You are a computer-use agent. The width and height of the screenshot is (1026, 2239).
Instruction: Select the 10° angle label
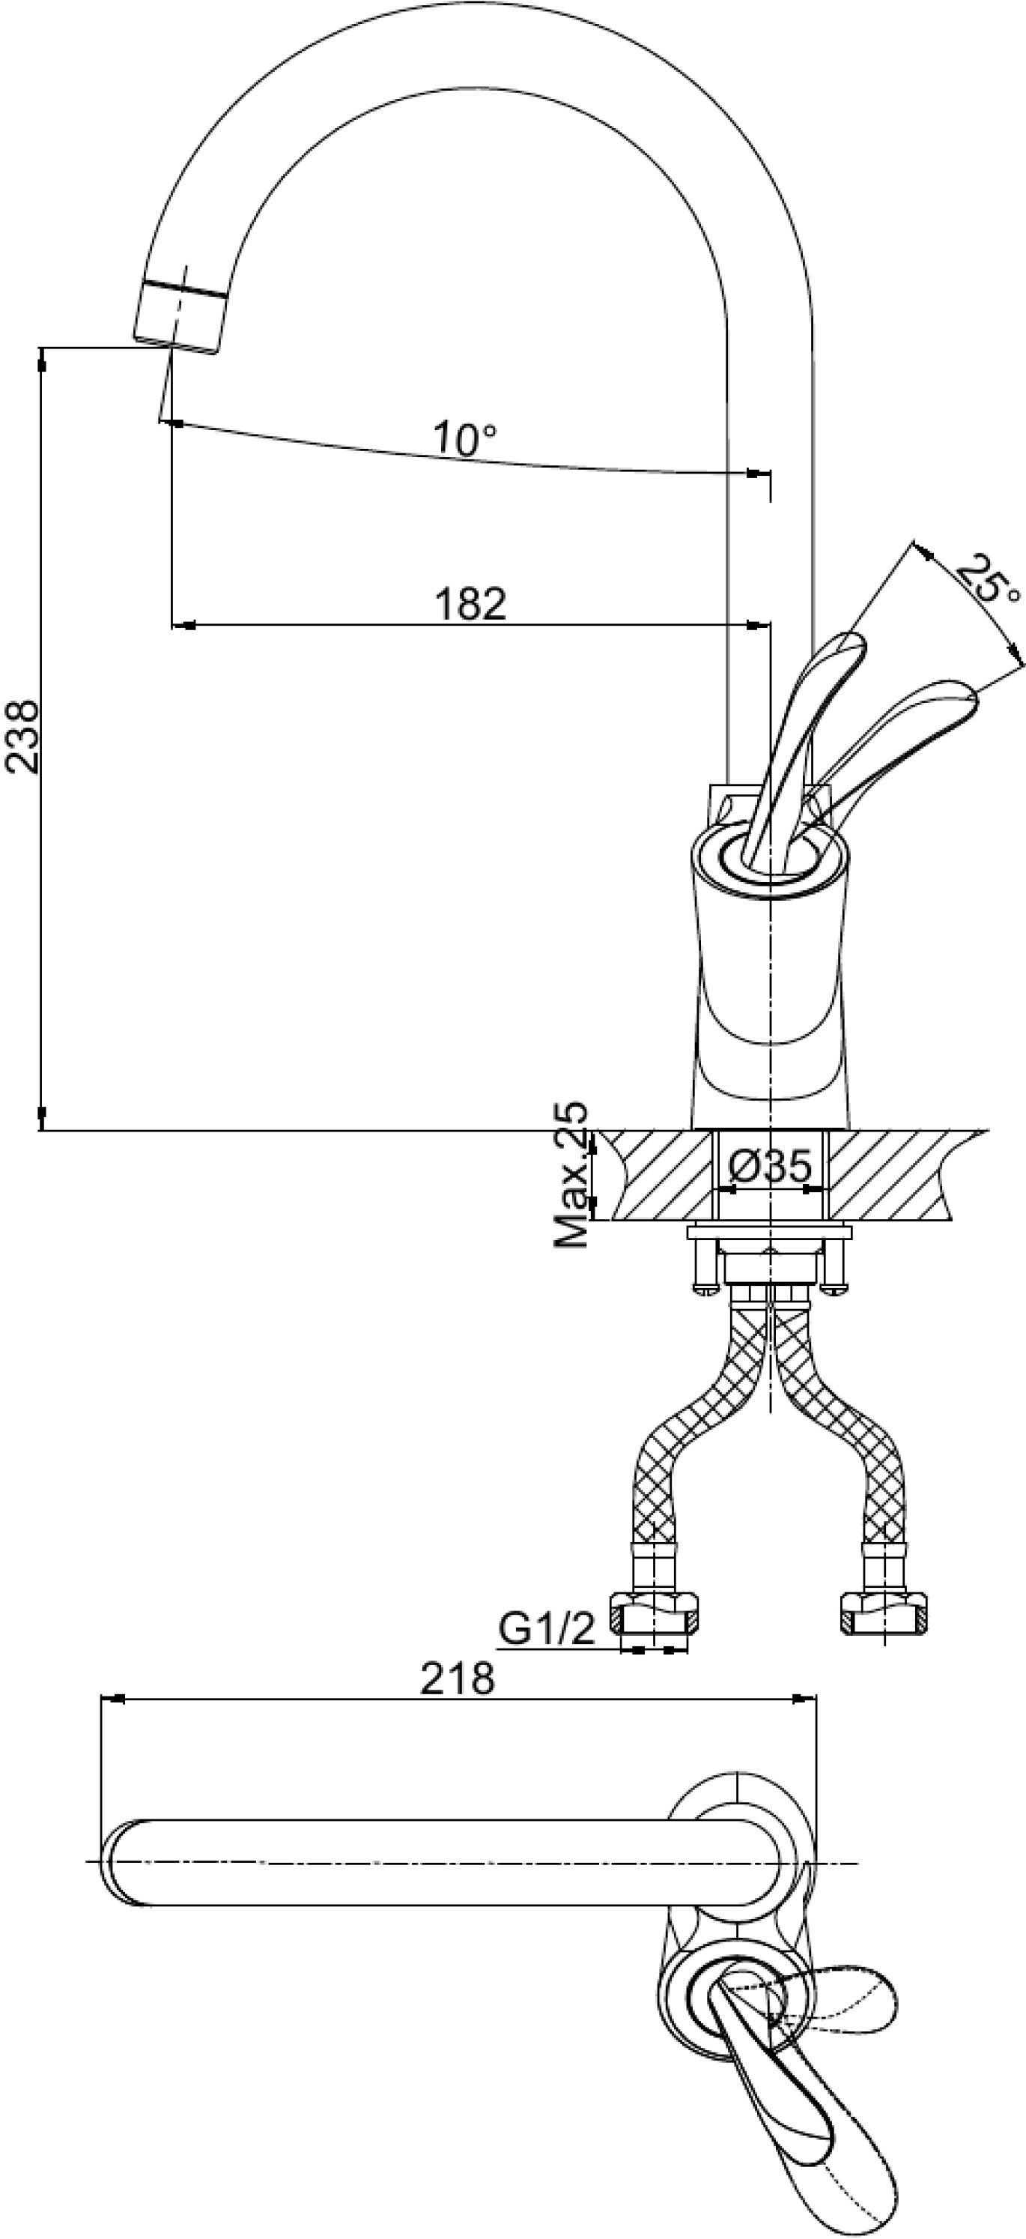(x=466, y=440)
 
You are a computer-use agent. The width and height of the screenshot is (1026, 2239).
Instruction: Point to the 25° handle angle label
(x=988, y=579)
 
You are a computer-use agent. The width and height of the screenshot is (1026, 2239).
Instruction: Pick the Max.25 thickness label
(x=571, y=1175)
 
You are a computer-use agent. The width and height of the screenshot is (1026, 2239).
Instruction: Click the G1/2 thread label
(x=547, y=1629)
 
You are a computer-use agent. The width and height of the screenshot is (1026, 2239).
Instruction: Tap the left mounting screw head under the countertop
(x=705, y=1287)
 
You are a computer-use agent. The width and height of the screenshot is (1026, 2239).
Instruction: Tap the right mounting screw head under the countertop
(x=834, y=1287)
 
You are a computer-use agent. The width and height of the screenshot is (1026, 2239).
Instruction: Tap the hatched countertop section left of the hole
(x=661, y=1174)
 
